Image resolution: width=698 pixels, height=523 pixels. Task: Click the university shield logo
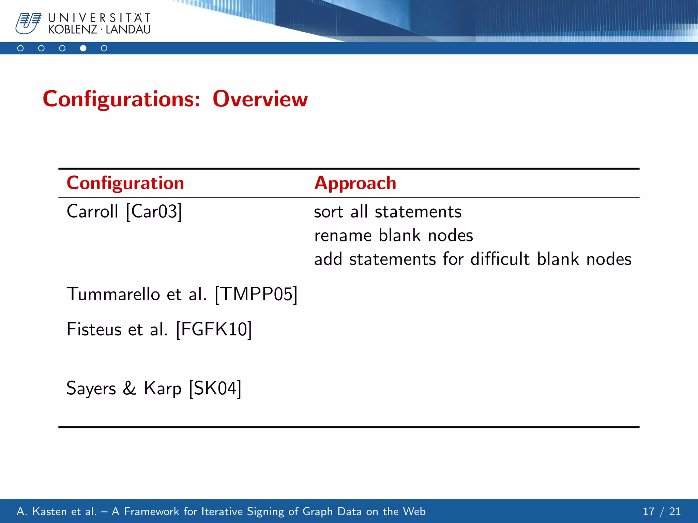pos(28,23)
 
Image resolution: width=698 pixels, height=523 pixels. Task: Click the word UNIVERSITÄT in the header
pos(99,18)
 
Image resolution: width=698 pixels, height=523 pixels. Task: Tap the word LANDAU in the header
pos(128,30)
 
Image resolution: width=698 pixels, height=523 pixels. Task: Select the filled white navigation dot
pos(83,48)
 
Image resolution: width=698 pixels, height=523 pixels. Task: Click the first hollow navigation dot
pos(20,48)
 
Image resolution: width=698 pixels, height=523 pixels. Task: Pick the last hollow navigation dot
pos(104,48)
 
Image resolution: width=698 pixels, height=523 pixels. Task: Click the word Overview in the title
pos(260,99)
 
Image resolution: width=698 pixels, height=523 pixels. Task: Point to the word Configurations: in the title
pos(121,99)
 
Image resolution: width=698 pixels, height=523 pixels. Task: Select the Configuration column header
pos(125,183)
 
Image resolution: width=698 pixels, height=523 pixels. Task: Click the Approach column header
pos(355,183)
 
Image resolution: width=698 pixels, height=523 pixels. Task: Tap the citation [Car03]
pos(154,211)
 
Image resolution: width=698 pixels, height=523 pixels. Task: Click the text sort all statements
pos(388,211)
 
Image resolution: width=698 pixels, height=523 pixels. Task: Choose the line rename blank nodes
pos(393,235)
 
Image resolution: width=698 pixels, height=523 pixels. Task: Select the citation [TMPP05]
pos(256,294)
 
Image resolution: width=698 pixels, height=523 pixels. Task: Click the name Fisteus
pos(94,329)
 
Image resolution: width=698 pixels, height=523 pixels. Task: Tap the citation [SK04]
pos(215,388)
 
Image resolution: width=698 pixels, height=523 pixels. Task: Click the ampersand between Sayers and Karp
pos(129,388)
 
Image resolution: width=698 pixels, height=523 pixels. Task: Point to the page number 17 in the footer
pos(649,511)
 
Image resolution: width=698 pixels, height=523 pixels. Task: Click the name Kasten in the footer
pos(50,511)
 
